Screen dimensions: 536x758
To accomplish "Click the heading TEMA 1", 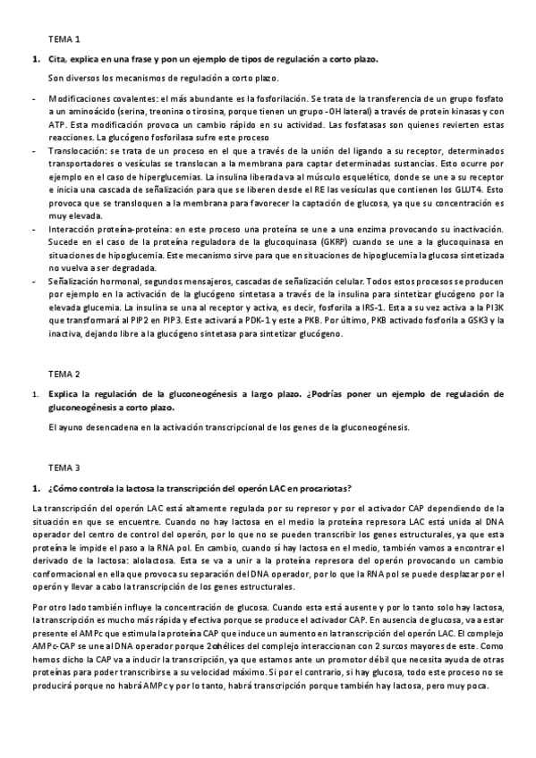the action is click(64, 39).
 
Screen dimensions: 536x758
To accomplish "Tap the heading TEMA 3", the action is click(64, 467).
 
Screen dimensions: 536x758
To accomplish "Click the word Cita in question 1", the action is click(57, 59).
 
